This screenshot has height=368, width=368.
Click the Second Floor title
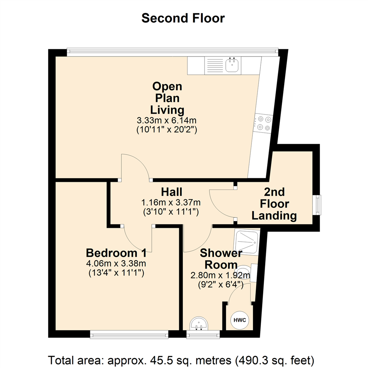tap(183, 18)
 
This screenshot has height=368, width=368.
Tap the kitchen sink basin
tap(232, 65)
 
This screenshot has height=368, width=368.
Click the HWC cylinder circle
tap(240, 320)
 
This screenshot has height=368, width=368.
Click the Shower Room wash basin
tap(199, 324)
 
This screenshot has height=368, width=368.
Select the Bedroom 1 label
tap(116, 253)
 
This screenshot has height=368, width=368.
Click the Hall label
tap(171, 192)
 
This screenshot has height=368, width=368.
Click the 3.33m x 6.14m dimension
tap(167, 120)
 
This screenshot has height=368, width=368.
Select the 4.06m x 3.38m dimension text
tap(116, 263)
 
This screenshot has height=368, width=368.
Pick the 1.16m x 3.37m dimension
tap(171, 202)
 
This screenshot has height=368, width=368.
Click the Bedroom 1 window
tap(129, 335)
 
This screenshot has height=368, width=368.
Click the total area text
tap(181, 360)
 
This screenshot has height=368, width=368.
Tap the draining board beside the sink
tap(215, 65)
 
